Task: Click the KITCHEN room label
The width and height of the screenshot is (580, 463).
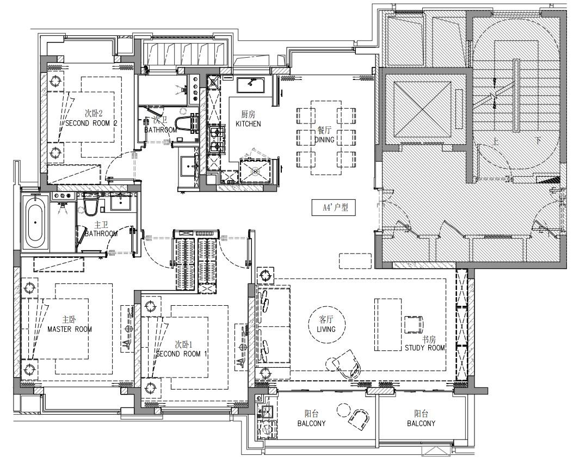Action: coord(248,124)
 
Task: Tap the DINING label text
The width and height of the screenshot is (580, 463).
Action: coord(324,139)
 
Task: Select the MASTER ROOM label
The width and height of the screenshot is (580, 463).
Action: coord(70,329)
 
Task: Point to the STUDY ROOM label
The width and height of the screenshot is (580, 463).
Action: coord(424,348)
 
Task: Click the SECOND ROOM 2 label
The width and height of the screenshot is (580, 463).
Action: coord(91,123)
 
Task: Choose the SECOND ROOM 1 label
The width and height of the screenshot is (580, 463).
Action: coord(181,354)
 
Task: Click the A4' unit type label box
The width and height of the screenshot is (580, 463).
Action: coord(335,207)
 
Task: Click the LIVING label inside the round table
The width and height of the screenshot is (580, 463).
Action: coord(326,329)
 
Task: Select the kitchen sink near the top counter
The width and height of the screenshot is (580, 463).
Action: coord(250,85)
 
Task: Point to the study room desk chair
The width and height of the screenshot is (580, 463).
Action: coord(414,325)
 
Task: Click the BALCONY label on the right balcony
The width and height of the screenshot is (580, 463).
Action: coord(421,423)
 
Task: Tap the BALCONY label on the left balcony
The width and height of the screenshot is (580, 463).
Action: coord(311,423)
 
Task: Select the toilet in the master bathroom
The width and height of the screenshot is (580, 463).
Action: coord(90,205)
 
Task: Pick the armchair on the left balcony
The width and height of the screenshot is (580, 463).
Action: coord(359,419)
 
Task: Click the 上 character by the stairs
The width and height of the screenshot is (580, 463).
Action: coord(496,141)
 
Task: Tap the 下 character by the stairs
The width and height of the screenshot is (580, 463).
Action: coord(538,141)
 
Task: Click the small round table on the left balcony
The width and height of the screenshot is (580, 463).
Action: coord(343,410)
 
